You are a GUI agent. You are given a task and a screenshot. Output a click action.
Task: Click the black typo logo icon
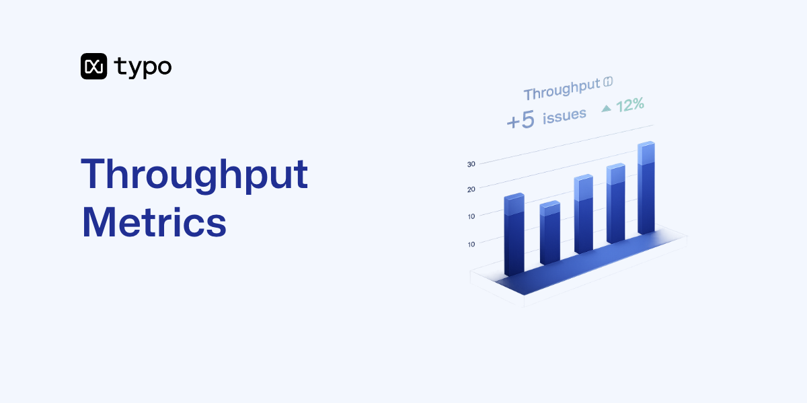pyautogui.click(x=93, y=66)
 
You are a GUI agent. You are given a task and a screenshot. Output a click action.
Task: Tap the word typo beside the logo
pyautogui.click(x=143, y=66)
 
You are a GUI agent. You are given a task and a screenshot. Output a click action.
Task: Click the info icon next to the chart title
pyautogui.click(x=609, y=82)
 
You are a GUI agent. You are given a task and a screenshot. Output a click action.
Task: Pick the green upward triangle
pyautogui.click(x=606, y=107)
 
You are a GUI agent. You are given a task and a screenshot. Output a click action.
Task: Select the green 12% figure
pyautogui.click(x=630, y=104)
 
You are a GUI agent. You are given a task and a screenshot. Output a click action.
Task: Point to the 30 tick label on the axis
pyautogui.click(x=471, y=164)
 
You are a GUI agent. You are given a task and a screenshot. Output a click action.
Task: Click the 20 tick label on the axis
pyautogui.click(x=471, y=189)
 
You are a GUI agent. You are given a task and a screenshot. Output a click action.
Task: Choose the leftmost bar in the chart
pyautogui.click(x=514, y=235)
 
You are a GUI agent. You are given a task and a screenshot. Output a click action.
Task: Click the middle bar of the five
pyautogui.click(x=583, y=215)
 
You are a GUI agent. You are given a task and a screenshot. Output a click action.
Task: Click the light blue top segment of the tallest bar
pyautogui.click(x=646, y=154)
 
